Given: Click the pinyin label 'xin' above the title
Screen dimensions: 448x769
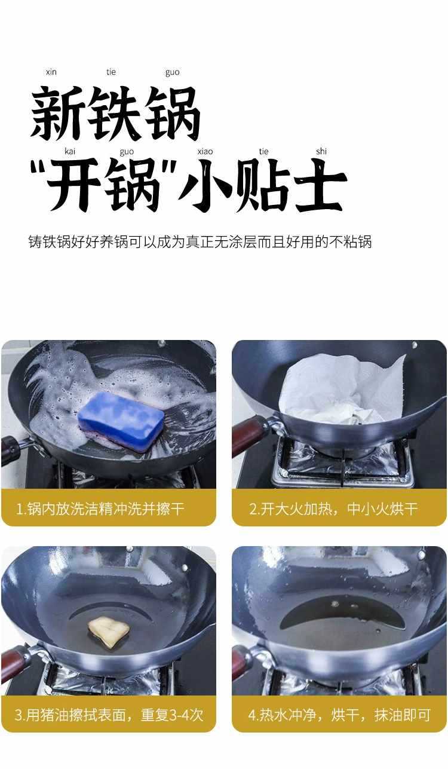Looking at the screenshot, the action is [x=51, y=72].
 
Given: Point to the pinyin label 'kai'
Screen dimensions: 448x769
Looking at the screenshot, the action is [x=70, y=151].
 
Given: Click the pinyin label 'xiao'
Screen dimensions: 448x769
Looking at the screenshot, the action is [x=205, y=151].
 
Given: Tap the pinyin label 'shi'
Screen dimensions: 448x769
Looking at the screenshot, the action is [x=321, y=151].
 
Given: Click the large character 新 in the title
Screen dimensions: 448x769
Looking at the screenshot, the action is [x=57, y=112].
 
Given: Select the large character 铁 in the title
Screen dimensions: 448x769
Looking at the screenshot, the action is [x=114, y=112].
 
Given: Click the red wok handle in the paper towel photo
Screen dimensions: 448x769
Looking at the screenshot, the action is [x=248, y=436].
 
